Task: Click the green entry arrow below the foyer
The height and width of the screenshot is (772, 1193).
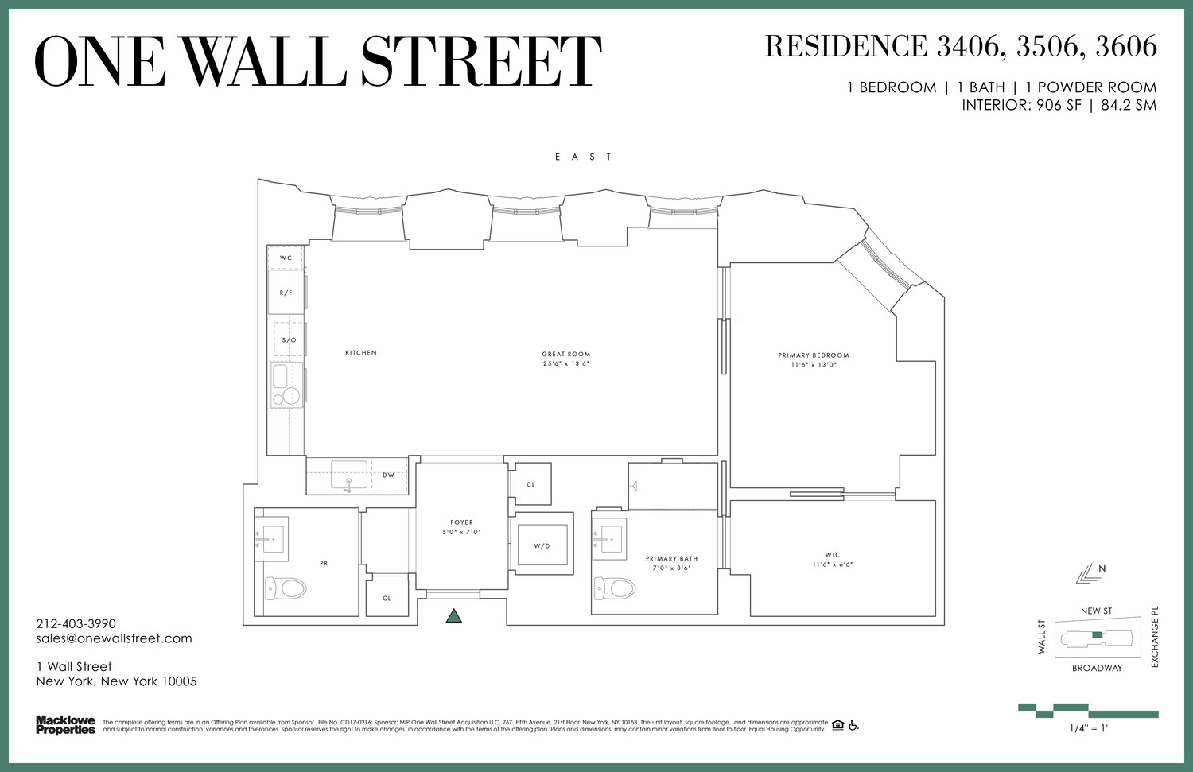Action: pyautogui.click(x=454, y=615)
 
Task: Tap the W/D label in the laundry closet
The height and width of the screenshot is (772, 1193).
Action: pyautogui.click(x=542, y=546)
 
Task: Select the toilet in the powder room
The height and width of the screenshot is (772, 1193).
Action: pyautogui.click(x=286, y=588)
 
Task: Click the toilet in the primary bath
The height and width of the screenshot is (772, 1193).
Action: pyautogui.click(x=616, y=588)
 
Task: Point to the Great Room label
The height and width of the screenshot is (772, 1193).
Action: pyautogui.click(x=566, y=355)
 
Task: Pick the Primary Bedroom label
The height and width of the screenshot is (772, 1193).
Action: pyautogui.click(x=814, y=355)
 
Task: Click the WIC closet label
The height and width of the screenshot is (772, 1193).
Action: pyautogui.click(x=833, y=555)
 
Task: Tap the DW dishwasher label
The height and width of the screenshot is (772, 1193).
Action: pyautogui.click(x=388, y=475)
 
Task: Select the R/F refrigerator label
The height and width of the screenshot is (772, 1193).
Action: pyautogui.click(x=286, y=293)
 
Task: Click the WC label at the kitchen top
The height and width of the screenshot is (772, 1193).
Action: pyautogui.click(x=286, y=258)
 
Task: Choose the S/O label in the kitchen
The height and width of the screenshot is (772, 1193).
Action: pyautogui.click(x=289, y=340)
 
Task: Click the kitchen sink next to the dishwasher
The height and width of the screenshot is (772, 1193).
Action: pyautogui.click(x=348, y=475)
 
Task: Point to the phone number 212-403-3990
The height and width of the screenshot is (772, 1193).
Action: pyautogui.click(x=76, y=624)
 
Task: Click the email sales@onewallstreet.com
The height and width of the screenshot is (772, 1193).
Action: pyautogui.click(x=114, y=638)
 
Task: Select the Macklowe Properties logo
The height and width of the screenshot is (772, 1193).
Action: pyautogui.click(x=65, y=725)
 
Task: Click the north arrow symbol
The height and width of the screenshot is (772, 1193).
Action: pyautogui.click(x=1087, y=574)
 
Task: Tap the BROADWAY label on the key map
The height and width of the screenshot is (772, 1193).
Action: pyautogui.click(x=1097, y=669)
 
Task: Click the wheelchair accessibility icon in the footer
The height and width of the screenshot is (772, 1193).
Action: pyautogui.click(x=853, y=725)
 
